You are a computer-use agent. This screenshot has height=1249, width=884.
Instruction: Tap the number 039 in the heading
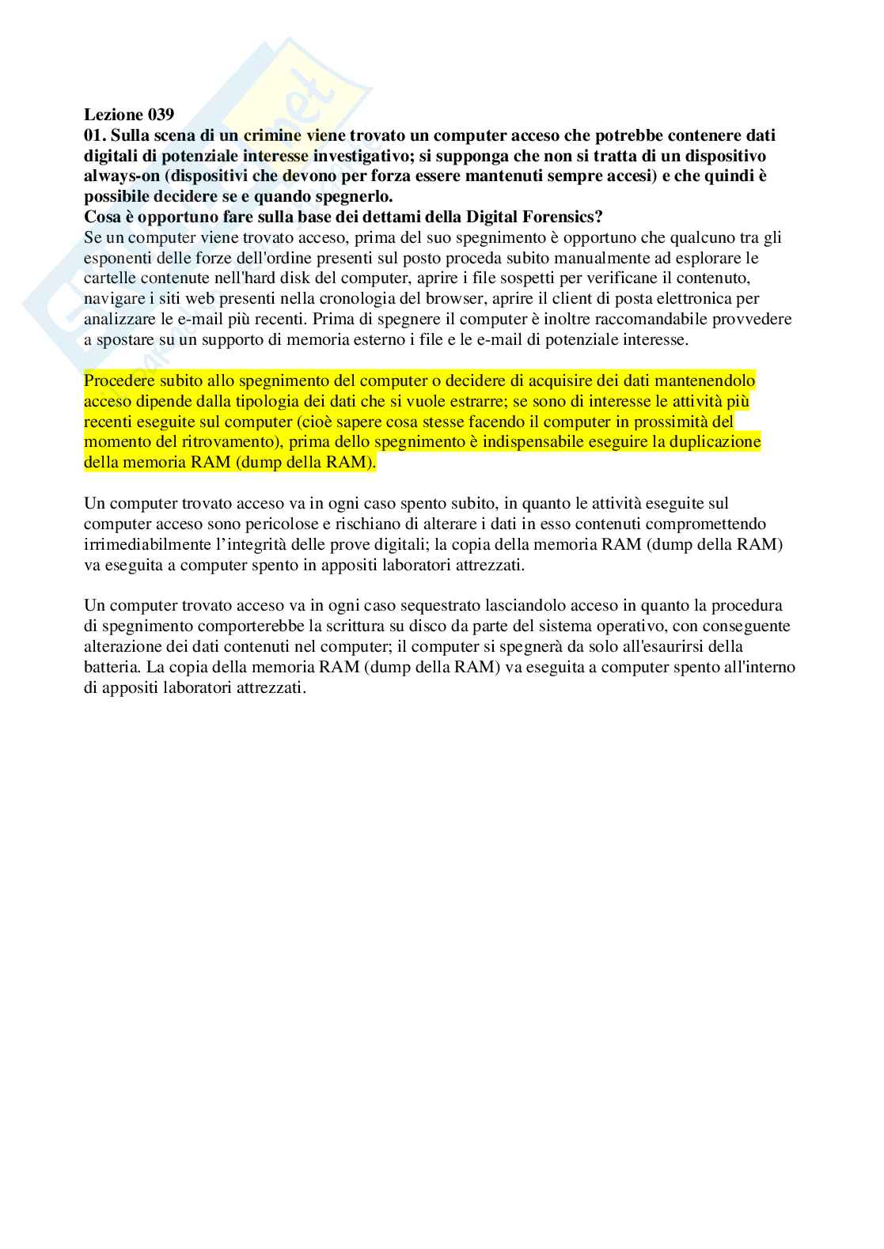(160, 115)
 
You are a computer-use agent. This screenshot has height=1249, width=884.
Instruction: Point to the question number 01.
(96, 136)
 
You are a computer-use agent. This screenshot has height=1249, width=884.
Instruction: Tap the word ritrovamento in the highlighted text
(230, 441)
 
